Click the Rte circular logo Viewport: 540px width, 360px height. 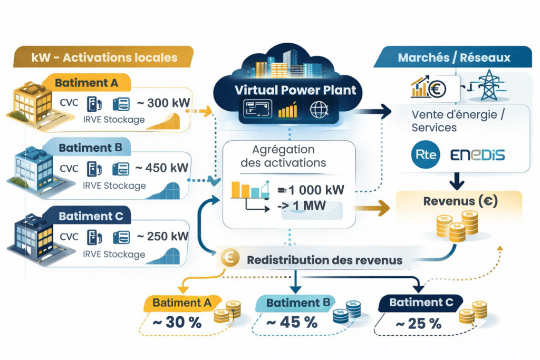(x=425, y=154)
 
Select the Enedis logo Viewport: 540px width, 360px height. (x=478, y=154)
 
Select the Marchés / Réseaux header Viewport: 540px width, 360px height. (x=454, y=57)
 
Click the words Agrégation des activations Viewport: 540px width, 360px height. (x=283, y=157)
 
